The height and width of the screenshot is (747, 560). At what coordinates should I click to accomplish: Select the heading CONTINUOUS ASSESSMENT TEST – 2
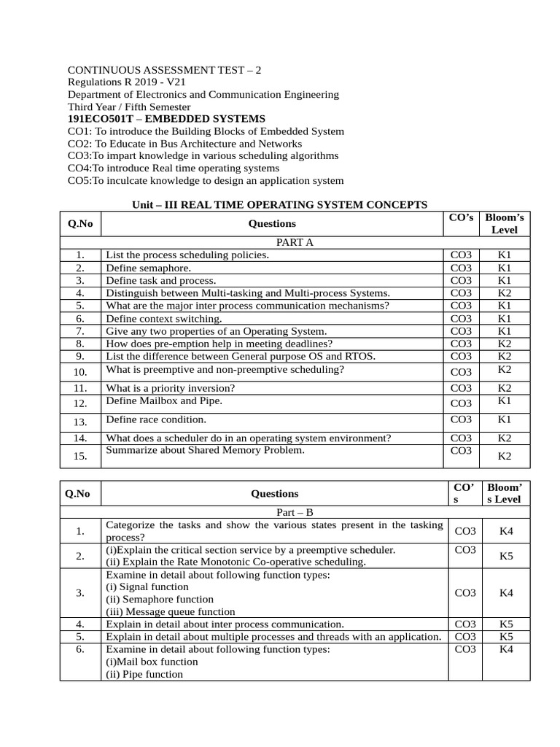point(164,70)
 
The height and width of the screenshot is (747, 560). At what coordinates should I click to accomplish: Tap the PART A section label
point(294,242)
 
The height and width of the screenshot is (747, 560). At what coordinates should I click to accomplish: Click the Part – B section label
point(294,512)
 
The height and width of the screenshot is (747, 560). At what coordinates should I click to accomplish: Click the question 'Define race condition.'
point(156,419)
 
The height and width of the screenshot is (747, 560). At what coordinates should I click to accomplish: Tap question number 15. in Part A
point(80,456)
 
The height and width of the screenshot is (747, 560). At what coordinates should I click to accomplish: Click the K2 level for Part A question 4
point(505,293)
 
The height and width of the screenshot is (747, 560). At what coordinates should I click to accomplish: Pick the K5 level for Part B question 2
point(506,556)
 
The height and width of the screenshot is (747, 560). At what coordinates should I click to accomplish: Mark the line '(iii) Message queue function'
point(171,611)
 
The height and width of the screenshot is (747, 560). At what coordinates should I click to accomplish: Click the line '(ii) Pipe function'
point(144,674)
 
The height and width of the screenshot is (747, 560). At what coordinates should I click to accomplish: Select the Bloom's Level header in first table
point(505,223)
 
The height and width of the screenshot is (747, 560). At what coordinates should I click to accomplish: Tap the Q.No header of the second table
point(77,493)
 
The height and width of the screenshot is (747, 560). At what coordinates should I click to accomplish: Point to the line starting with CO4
point(174,168)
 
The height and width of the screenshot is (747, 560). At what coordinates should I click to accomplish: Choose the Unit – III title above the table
point(279,205)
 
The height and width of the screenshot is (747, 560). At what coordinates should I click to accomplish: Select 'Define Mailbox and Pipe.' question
point(164,400)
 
